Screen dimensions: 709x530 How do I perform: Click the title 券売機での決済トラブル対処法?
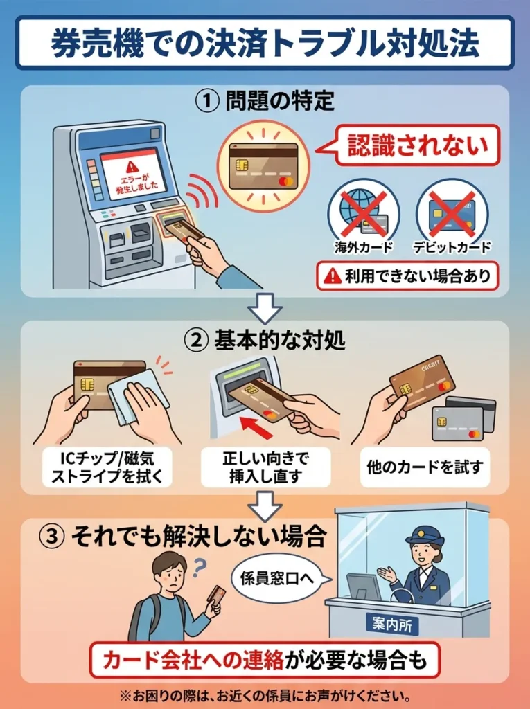pyautogui.click(x=265, y=42)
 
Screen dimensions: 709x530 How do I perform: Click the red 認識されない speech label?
pyautogui.click(x=417, y=145)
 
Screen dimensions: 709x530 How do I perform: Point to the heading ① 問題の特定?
pyautogui.click(x=265, y=102)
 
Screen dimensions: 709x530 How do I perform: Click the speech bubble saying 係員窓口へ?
pyautogui.click(x=277, y=575)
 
